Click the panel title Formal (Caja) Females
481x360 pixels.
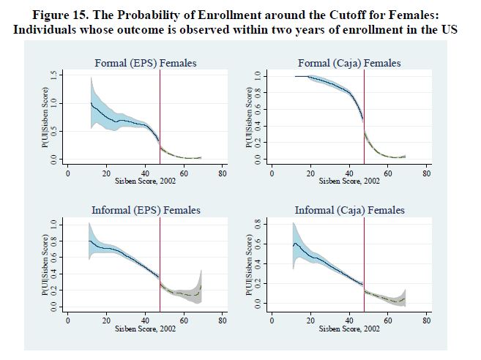(348, 63)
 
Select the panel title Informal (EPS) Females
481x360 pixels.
(146, 210)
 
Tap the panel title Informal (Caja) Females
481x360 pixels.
(349, 210)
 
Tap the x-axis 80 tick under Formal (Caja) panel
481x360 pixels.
(427, 173)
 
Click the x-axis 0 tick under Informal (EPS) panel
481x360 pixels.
(67, 320)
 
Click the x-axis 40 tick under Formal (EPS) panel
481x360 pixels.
(145, 173)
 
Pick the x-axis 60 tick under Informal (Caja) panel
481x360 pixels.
(388, 320)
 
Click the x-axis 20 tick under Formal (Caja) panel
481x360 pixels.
(310, 173)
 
